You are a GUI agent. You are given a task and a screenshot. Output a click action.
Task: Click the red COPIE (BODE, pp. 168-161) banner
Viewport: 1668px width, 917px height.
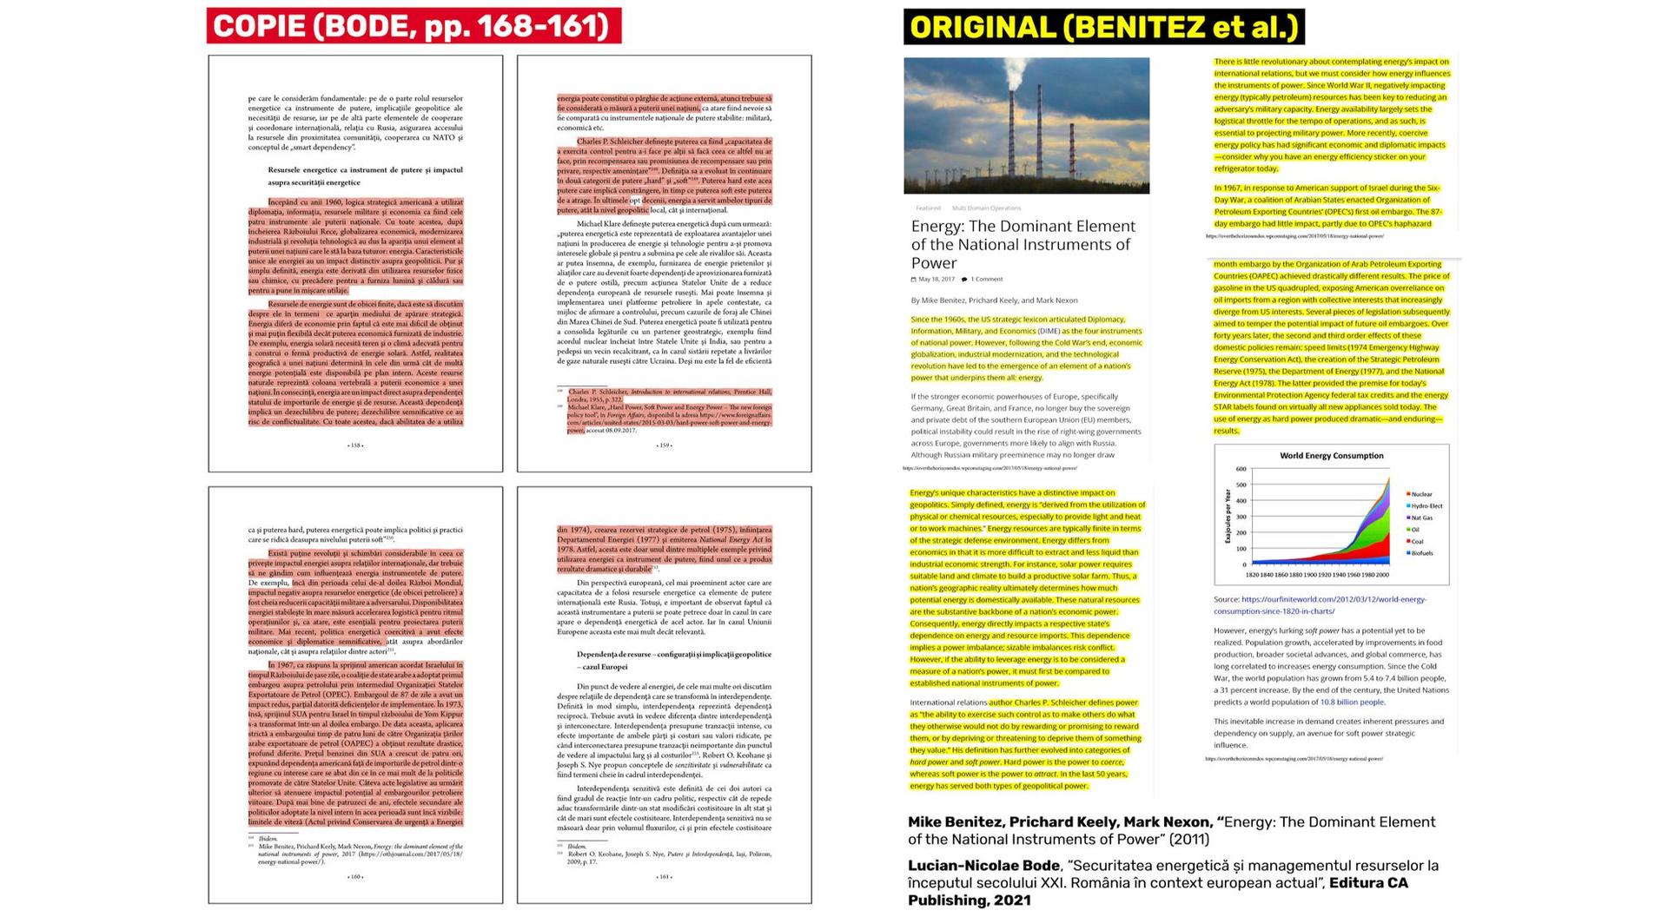414,26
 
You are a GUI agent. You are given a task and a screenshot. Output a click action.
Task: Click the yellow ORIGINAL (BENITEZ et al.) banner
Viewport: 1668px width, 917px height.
1103,27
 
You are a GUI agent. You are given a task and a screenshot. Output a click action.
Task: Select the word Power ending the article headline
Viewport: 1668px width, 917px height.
933,263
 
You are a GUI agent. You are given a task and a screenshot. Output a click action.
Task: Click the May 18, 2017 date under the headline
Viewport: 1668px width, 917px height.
936,280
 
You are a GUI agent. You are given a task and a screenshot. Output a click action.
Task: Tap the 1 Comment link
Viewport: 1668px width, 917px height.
985,280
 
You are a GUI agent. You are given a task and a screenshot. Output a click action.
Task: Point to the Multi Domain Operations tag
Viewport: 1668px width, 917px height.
986,208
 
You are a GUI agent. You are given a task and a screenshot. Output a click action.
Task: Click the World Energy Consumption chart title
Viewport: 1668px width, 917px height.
1331,456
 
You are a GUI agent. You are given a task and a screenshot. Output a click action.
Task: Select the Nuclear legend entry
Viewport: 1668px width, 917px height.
1421,494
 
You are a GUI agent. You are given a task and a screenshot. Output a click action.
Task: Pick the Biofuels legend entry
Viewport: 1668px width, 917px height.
1422,553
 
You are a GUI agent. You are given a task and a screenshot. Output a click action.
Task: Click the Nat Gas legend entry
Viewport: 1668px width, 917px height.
1422,518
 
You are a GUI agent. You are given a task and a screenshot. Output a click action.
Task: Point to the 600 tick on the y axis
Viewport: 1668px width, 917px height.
1241,469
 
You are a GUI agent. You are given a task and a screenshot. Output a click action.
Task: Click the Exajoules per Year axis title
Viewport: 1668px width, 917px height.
1228,516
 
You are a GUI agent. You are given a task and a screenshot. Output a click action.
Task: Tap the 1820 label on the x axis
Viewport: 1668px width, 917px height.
1252,575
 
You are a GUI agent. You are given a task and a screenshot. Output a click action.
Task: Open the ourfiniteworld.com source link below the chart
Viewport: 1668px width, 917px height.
1333,599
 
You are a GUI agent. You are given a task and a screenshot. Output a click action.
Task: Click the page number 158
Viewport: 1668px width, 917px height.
355,445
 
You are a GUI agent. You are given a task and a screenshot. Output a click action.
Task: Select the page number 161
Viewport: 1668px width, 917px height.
664,877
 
